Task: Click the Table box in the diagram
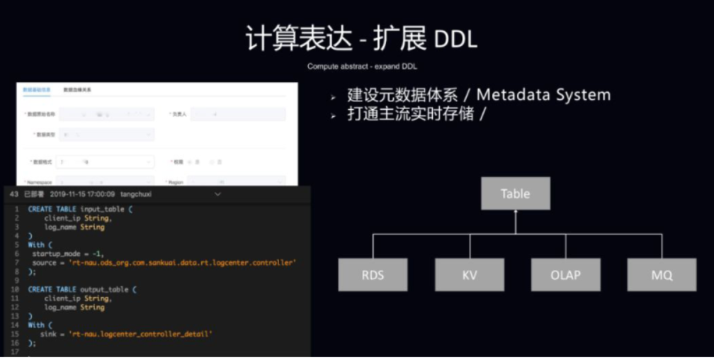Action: tap(515, 193)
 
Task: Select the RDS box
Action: tap(373, 275)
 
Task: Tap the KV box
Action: tap(470, 275)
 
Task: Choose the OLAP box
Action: tap(566, 275)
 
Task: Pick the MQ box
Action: tap(662, 275)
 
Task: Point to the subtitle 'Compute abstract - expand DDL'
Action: tap(362, 67)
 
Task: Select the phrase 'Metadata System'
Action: tap(543, 95)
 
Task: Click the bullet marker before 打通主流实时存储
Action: tap(333, 116)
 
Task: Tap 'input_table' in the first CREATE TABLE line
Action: tap(105, 210)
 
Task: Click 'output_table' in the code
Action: tap(107, 290)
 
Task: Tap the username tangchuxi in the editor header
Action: tap(137, 194)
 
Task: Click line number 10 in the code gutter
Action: tap(15, 290)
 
